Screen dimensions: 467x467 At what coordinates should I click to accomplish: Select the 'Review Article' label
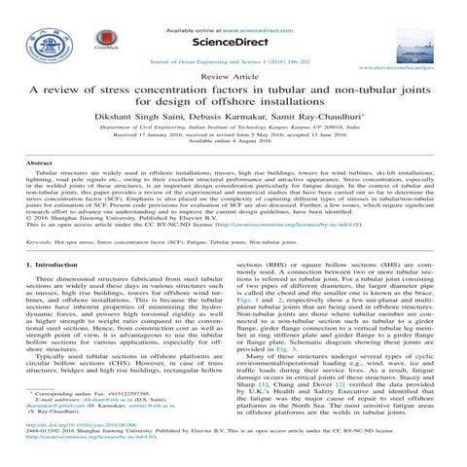click(233, 75)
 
